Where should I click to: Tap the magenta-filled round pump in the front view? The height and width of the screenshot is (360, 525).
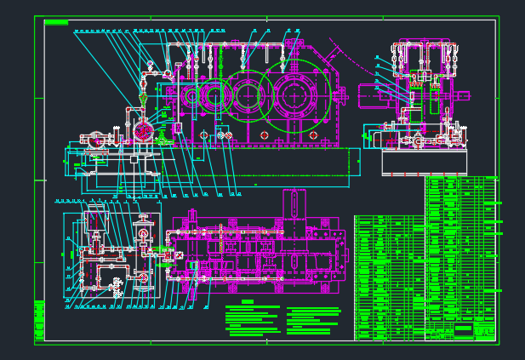point(144,131)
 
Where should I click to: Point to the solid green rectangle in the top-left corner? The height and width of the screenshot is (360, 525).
point(56,23)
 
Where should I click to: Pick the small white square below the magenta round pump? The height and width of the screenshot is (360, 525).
point(134,158)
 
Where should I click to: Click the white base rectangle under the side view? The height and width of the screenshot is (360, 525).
point(424,162)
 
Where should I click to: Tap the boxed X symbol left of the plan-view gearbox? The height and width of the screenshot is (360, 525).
point(168,254)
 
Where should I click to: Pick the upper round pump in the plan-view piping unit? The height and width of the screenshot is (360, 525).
point(143,231)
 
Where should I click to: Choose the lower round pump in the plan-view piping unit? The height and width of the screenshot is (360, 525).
point(143,278)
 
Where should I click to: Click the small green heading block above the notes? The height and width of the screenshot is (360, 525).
point(247,302)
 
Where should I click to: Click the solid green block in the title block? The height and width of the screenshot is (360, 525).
point(463,329)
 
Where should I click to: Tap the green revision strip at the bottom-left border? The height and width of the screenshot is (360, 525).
point(39,321)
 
